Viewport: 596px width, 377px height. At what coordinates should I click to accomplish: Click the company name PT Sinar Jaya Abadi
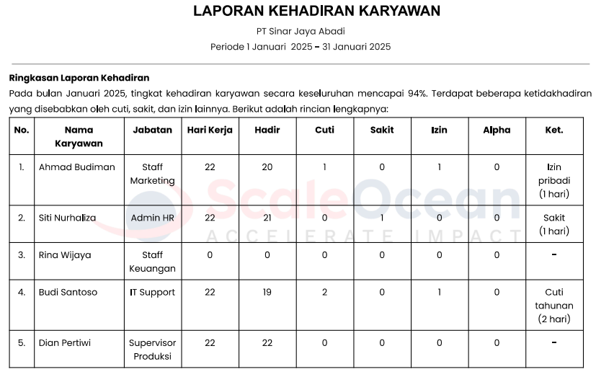301,31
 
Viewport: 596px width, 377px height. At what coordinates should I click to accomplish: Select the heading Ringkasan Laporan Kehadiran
79,78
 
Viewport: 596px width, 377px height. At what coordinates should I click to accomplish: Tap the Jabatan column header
152,130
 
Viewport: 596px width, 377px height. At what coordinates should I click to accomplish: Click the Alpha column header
497,130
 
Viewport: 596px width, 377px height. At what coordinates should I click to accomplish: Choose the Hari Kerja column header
210,130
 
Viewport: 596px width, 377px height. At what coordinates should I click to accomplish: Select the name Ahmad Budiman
76,167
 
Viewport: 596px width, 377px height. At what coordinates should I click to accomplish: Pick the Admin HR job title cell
152,218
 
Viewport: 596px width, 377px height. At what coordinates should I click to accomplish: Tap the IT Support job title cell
152,293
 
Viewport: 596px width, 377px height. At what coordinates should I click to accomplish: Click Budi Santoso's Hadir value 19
267,293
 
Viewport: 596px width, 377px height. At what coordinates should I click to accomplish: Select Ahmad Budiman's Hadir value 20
267,167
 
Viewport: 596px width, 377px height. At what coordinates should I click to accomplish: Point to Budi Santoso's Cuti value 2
324,293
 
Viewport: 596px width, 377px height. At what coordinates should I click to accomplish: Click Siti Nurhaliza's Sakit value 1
382,218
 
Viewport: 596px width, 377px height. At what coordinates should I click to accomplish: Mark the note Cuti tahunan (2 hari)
554,306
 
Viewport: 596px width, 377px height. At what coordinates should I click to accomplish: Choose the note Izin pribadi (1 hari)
554,180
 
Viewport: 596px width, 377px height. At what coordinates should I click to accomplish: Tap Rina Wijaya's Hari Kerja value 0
210,255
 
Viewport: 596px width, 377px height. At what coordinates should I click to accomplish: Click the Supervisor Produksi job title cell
152,350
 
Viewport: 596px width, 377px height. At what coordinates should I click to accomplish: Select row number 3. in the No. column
22,255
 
